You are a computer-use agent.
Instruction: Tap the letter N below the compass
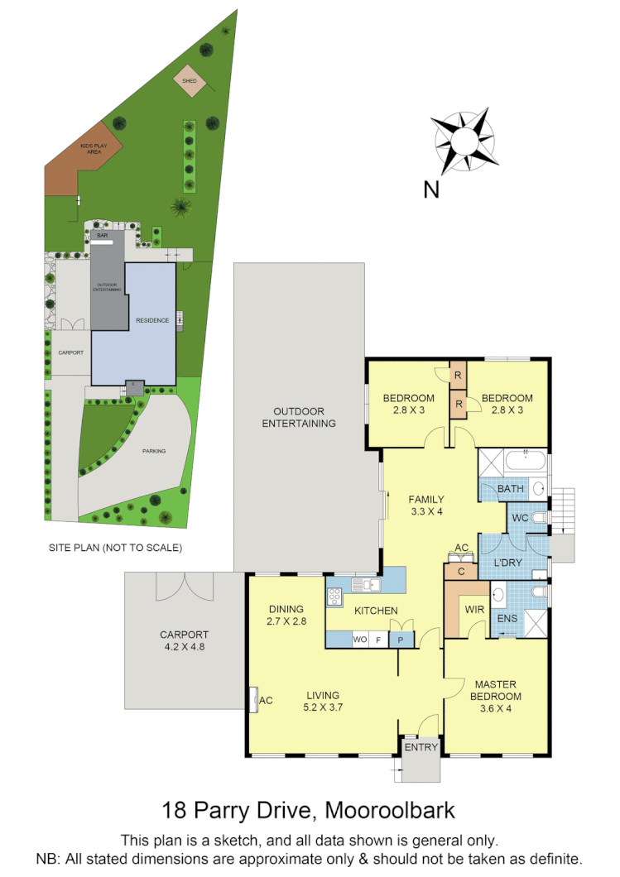[x=431, y=189]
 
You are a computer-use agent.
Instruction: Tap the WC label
[x=521, y=518]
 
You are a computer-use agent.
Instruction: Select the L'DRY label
[x=508, y=563]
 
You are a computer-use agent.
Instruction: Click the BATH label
[x=511, y=489]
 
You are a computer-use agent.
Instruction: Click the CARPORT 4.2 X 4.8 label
[x=185, y=641]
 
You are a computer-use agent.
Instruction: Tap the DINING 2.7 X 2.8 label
[x=286, y=615]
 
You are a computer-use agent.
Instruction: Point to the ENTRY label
[x=421, y=747]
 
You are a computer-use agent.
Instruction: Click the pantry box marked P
[x=402, y=639]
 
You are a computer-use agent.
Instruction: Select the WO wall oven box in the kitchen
[x=360, y=639]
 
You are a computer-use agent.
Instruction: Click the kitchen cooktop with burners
[x=336, y=597]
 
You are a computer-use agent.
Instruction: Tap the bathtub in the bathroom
[x=526, y=462]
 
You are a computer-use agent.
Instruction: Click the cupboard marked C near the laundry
[x=459, y=571]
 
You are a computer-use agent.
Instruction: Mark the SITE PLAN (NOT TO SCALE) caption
[x=114, y=548]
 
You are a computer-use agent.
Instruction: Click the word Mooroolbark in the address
[x=389, y=808]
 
